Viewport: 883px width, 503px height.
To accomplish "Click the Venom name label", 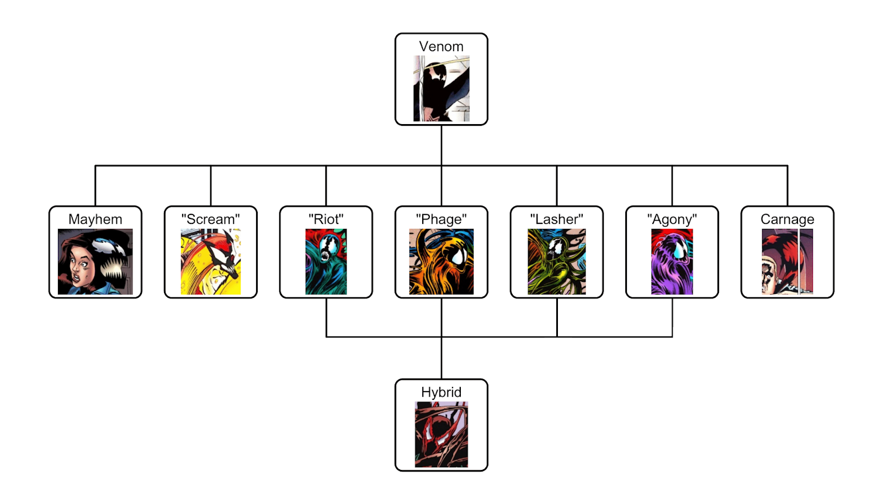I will [441, 47].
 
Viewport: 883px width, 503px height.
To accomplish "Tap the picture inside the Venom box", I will [441, 88].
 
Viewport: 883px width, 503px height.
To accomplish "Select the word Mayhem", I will [95, 220].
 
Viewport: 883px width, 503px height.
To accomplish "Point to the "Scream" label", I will [210, 220].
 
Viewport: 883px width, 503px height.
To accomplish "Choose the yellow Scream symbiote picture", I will [210, 261].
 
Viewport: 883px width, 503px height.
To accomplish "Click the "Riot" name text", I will [326, 220].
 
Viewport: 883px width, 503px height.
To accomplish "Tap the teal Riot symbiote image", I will [326, 261].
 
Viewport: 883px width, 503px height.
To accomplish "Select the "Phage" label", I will [441, 220].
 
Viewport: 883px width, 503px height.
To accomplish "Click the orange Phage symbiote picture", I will [441, 261].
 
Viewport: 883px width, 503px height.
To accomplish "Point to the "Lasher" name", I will [556, 220].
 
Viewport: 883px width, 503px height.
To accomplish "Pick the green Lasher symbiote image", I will [556, 261].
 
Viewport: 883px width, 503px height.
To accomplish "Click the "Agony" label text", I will [672, 220].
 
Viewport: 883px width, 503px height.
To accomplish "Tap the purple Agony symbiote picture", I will [672, 261].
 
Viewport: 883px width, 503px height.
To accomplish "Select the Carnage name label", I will [787, 220].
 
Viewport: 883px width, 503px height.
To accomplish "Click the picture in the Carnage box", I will [787, 261].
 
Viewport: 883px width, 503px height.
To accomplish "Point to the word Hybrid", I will [441, 392].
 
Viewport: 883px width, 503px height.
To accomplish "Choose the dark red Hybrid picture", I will [441, 435].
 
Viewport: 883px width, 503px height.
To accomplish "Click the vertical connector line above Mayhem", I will [95, 186].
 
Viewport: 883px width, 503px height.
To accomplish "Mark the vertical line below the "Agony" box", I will [672, 317].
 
